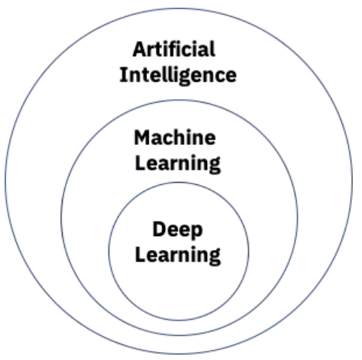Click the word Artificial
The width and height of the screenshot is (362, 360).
pyautogui.click(x=174, y=49)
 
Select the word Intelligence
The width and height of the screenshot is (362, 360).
pyautogui.click(x=178, y=75)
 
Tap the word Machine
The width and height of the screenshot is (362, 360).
pyautogui.click(x=175, y=138)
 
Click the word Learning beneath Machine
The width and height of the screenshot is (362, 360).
pyautogui.click(x=178, y=163)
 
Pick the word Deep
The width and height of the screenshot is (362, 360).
pyautogui.click(x=178, y=230)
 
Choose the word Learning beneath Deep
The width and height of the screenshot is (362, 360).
pyautogui.click(x=178, y=255)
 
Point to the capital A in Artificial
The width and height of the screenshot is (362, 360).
pyautogui.click(x=140, y=49)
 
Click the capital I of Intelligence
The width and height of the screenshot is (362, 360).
pyautogui.click(x=122, y=75)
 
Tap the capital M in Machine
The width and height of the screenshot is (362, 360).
pyautogui.click(x=143, y=138)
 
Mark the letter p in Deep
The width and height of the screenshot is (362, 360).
pyautogui.click(x=197, y=232)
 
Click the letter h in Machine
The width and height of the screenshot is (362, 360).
pyautogui.click(x=182, y=137)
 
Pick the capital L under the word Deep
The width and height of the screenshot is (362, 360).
pyautogui.click(x=141, y=255)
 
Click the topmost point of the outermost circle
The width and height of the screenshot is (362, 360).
pyautogui.click(x=179, y=8)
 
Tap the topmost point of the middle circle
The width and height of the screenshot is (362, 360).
pyautogui.click(x=179, y=100)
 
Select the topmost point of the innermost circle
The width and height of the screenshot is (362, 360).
pyautogui.click(x=179, y=182)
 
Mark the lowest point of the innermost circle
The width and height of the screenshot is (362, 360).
pyautogui.click(x=179, y=321)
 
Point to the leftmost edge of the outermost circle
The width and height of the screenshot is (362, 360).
pyautogui.click(x=5, y=180)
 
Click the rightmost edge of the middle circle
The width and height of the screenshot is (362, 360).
pyautogui.click(x=298, y=218)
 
